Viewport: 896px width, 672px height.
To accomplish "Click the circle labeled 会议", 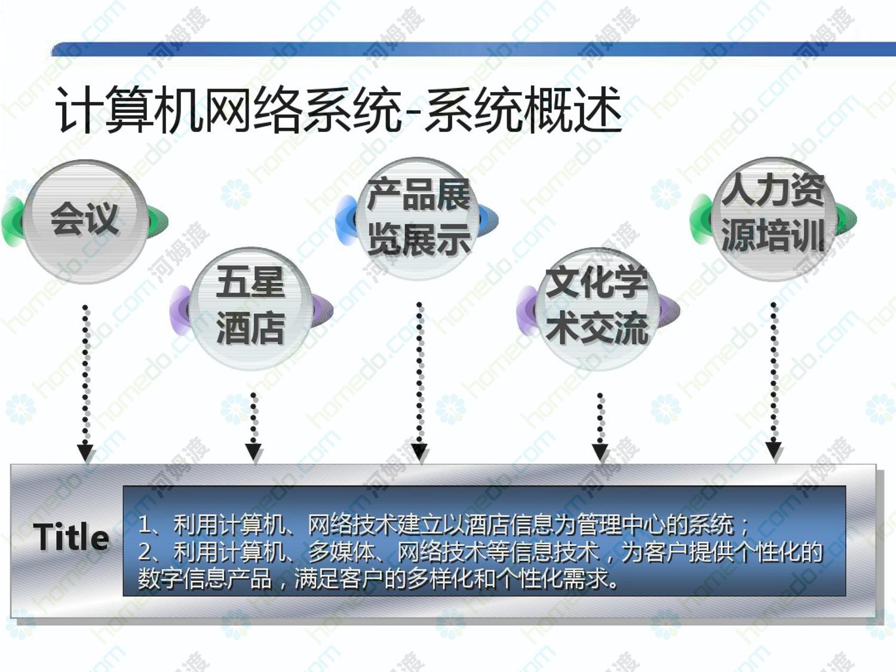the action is tap(85, 221).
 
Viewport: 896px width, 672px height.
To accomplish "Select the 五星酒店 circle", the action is tap(250, 308).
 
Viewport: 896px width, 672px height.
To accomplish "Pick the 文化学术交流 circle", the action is tap(597, 309).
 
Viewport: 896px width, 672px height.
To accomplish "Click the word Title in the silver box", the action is tap(71, 537).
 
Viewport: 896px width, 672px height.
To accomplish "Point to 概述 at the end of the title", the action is tap(572, 109).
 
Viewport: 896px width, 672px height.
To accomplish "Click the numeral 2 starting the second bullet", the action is tap(145, 551).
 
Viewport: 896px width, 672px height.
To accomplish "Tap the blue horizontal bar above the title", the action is tap(474, 49).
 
